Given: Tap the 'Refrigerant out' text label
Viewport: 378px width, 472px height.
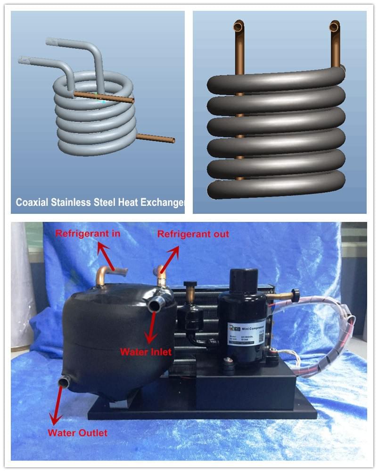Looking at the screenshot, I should tap(193, 234).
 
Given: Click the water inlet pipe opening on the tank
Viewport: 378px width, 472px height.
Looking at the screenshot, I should tap(154, 305).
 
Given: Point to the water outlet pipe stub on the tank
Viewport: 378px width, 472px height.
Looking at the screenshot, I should tap(63, 382).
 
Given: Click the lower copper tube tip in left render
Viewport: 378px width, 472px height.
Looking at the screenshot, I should tap(173, 140).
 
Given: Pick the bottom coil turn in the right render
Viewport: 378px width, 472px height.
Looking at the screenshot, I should tap(276, 184).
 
